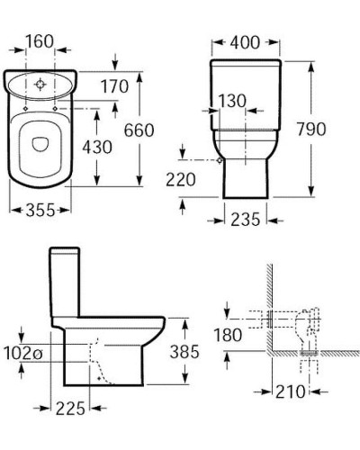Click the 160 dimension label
point(40,41)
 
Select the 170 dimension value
point(114,86)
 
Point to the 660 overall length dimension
point(139,130)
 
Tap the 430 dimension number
point(97,147)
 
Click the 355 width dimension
point(40,210)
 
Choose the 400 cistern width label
point(245,42)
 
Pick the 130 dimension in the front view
point(232,101)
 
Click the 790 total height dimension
point(311,129)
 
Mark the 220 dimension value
point(181,179)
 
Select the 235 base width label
point(245,219)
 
